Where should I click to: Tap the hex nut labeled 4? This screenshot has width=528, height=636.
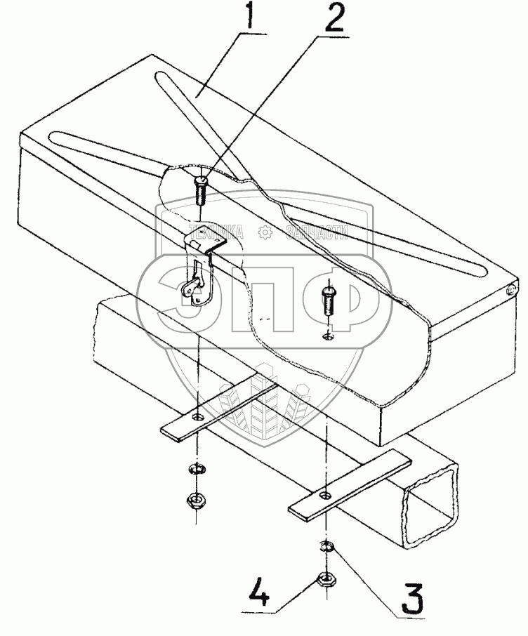point(325,579)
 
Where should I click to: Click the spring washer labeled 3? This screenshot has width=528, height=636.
point(326,548)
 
